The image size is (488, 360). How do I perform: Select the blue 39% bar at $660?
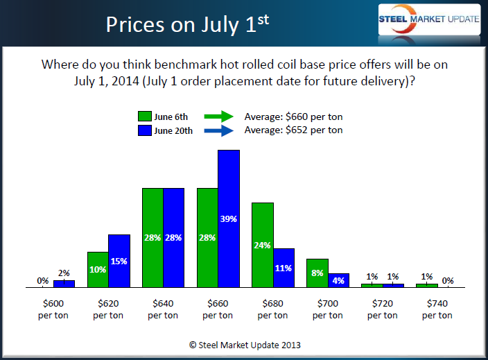click(x=229, y=218)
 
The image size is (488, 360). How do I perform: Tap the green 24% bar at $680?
click(x=262, y=245)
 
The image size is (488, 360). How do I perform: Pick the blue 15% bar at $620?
click(x=119, y=261)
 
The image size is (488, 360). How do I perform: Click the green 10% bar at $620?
click(x=98, y=269)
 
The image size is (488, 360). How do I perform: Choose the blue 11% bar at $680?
click(x=284, y=268)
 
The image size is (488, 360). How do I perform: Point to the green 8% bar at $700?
click(x=317, y=273)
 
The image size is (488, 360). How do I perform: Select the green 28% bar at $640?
click(x=152, y=237)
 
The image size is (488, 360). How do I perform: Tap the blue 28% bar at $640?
click(x=174, y=237)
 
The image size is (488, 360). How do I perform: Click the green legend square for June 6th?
click(x=145, y=117)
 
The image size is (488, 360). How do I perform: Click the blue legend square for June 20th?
click(x=145, y=130)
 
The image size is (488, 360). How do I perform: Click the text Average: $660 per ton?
click(x=293, y=117)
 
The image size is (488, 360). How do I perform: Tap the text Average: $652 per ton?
click(x=293, y=130)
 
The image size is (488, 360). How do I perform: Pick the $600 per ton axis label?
click(x=54, y=310)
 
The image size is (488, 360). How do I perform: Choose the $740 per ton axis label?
click(x=437, y=310)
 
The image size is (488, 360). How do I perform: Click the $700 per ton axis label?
click(x=328, y=310)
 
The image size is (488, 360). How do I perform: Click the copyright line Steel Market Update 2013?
click(x=245, y=344)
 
